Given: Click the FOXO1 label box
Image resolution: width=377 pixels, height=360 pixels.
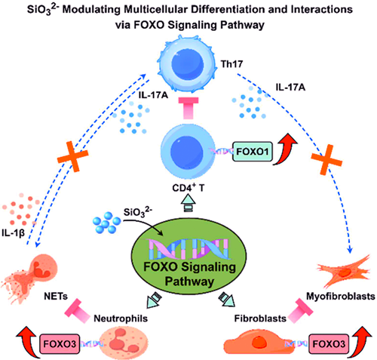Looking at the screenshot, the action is (253, 152).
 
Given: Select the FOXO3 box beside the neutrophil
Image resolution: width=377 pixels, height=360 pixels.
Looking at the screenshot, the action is (60, 344).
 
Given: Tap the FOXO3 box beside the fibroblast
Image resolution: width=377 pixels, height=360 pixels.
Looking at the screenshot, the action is (329, 344).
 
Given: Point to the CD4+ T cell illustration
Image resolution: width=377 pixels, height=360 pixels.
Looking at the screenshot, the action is (186, 152).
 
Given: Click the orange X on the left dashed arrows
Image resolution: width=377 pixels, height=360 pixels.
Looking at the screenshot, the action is (73, 156).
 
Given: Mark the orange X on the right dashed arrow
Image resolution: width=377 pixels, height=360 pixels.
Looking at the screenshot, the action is (326, 159).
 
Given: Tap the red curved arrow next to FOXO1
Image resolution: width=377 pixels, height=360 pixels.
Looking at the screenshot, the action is (285, 149).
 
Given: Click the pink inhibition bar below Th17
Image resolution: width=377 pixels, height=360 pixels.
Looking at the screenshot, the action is (188, 108).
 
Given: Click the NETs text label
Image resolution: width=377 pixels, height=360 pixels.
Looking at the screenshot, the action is (56, 297).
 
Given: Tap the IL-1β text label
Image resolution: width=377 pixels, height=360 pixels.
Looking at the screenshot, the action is (13, 233).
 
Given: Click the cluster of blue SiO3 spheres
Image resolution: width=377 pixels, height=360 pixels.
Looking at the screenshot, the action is (106, 222).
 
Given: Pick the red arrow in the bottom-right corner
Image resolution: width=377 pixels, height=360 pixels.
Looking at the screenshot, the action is (360, 341).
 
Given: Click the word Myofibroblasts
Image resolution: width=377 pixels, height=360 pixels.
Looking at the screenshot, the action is (341, 297).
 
